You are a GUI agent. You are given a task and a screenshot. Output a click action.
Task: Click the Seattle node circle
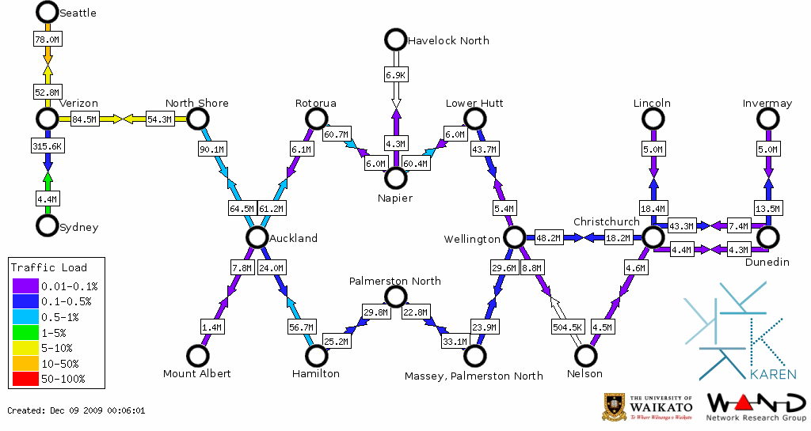pyautogui.click(x=48, y=12)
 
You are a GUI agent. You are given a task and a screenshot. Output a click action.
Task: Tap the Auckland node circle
pyautogui.click(x=256, y=237)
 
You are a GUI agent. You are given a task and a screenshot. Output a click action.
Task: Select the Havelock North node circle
pyautogui.click(x=394, y=39)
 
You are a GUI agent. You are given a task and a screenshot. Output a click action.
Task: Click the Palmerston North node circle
pyautogui.click(x=394, y=297)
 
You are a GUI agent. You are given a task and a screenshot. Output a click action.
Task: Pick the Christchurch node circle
pyautogui.click(x=652, y=236)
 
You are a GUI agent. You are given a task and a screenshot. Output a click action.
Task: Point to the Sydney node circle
pyautogui.click(x=48, y=225)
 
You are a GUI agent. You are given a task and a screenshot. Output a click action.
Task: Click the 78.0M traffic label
pyautogui.click(x=48, y=39)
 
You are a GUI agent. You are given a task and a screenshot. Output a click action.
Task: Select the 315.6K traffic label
pyautogui.click(x=48, y=146)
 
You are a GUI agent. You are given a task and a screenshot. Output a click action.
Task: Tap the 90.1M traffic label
pyautogui.click(x=211, y=148)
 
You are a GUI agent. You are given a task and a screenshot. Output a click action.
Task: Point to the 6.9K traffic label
pyautogui.click(x=395, y=74)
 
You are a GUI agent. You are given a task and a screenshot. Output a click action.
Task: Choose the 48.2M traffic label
pyautogui.click(x=549, y=237)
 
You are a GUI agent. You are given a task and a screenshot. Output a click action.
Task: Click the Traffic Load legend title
pyautogui.click(x=49, y=267)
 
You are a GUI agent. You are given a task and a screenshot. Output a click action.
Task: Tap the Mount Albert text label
pyautogui.click(x=196, y=373)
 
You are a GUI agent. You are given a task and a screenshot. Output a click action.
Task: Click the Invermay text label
pyautogui.click(x=767, y=104)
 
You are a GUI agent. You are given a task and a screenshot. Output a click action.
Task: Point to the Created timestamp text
pyautogui.click(x=76, y=410)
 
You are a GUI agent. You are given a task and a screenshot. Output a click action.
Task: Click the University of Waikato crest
pyautogui.click(x=616, y=406)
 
